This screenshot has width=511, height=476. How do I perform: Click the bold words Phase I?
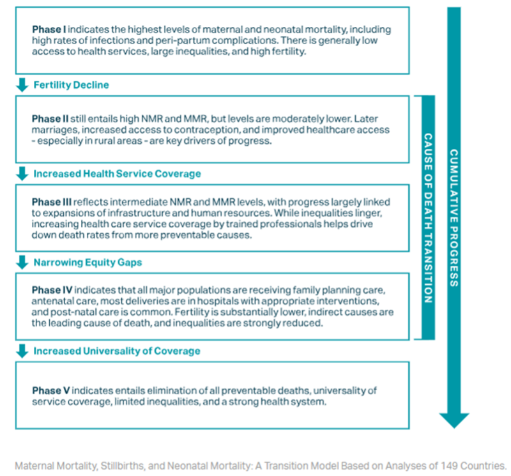click(49, 30)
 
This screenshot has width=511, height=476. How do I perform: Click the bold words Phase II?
click(50, 119)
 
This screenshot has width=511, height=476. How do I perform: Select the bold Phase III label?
click(52, 203)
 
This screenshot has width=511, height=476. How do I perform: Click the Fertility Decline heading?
click(71, 85)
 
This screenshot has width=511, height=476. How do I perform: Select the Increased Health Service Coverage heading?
click(117, 174)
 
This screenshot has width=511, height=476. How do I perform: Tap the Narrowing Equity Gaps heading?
click(88, 262)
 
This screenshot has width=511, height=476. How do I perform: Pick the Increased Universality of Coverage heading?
click(117, 351)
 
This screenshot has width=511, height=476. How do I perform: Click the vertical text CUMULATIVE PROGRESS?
click(454, 217)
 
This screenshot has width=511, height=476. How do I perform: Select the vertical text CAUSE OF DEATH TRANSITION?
click(428, 217)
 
